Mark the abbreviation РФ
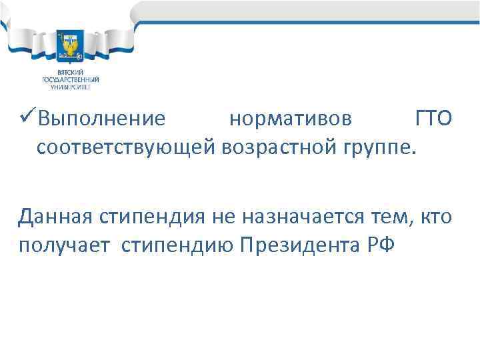(x=380, y=245)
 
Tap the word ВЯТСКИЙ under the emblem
(x=69, y=72)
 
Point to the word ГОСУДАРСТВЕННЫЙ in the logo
(x=69, y=79)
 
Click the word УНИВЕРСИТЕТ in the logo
(x=69, y=87)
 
